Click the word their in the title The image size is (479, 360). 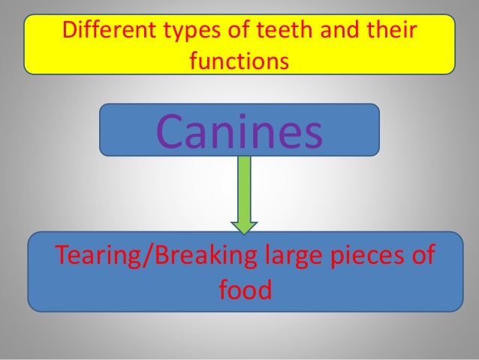(389, 32)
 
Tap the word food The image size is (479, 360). (244, 289)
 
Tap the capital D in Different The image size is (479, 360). (69, 32)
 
